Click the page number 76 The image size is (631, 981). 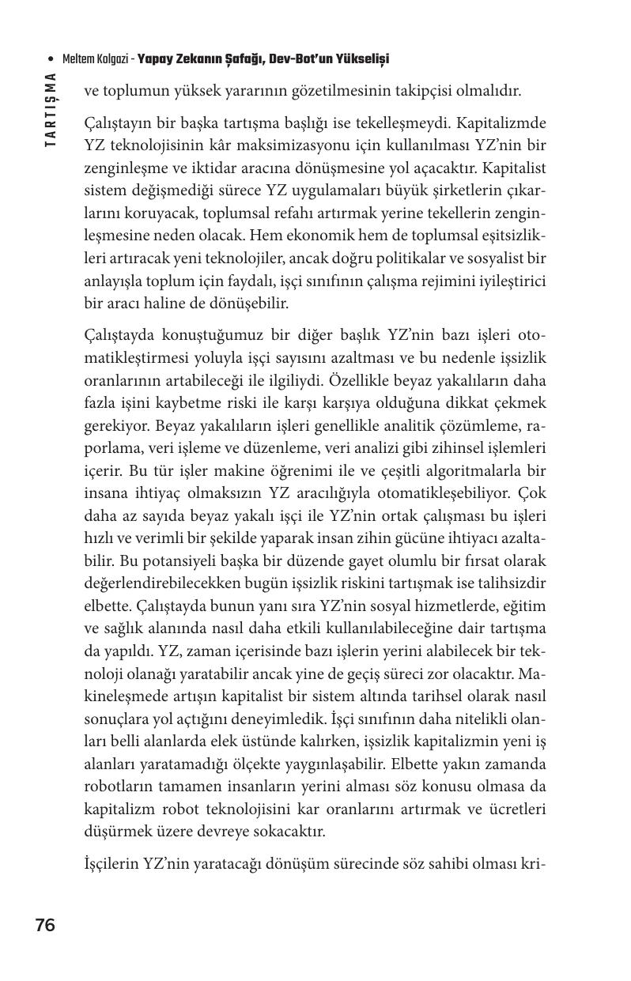(x=45, y=926)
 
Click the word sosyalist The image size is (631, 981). (x=500, y=258)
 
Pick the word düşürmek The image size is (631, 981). (x=114, y=832)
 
